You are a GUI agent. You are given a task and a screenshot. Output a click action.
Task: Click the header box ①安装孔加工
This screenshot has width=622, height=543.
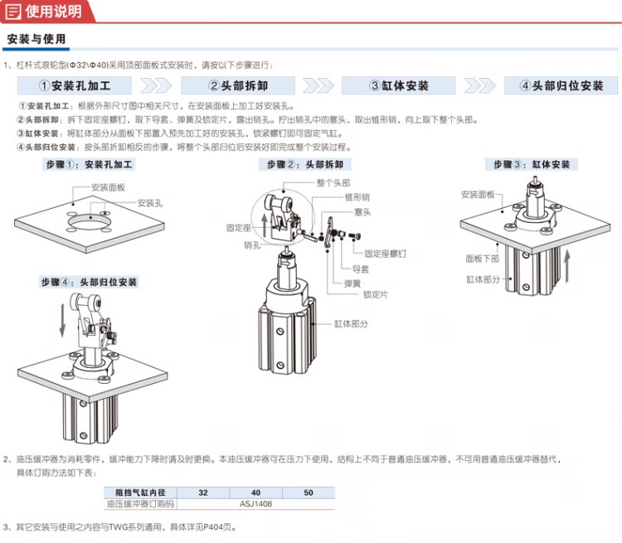[x=75, y=85]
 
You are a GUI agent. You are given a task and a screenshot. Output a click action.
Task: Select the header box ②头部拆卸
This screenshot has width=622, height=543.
[x=238, y=85]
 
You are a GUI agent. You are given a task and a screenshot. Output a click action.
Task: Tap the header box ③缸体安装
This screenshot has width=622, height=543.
[x=399, y=85]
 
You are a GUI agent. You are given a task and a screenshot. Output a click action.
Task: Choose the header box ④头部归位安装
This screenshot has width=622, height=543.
[x=561, y=85]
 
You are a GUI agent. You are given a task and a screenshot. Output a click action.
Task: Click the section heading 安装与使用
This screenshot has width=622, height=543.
[x=36, y=39]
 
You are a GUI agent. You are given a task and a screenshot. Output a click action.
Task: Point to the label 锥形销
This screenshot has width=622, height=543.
[x=357, y=197]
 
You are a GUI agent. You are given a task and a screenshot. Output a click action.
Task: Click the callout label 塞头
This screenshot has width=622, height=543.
[x=362, y=212]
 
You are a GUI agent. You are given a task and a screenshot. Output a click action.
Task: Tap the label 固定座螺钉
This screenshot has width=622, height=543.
[x=385, y=254]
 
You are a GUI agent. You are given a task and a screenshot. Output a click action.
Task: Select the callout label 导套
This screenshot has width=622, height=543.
[x=361, y=269]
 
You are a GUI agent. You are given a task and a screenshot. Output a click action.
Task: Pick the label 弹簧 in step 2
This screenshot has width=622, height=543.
[x=352, y=284]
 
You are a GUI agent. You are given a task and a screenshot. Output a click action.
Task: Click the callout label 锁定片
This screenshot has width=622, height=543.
[x=375, y=294]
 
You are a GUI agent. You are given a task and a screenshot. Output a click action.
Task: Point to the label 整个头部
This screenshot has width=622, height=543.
[x=333, y=183]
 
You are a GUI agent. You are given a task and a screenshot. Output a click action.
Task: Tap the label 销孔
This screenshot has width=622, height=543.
[x=252, y=245]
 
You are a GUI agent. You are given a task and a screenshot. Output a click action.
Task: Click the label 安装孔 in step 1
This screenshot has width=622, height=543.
[x=150, y=203]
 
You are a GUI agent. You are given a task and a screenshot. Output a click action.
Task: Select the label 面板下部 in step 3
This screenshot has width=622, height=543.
[x=482, y=259]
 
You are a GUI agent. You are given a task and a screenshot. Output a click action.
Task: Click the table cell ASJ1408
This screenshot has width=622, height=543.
[x=256, y=504]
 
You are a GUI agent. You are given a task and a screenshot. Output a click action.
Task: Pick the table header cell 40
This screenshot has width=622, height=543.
[x=256, y=492]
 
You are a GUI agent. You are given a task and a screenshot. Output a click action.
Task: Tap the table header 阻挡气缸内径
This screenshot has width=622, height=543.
[x=140, y=492]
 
